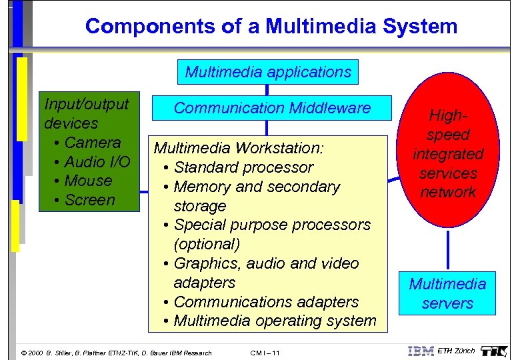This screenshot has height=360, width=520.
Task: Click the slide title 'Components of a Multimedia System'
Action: pyautogui.click(x=271, y=27)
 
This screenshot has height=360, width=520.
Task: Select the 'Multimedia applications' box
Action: pyautogui.click(x=268, y=71)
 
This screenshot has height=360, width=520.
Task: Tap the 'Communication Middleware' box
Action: pyautogui.click(x=271, y=108)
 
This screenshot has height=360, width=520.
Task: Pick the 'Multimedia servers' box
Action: pyautogui.click(x=447, y=293)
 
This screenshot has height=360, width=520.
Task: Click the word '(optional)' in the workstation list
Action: pyautogui.click(x=207, y=244)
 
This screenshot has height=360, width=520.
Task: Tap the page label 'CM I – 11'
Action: pyautogui.click(x=265, y=353)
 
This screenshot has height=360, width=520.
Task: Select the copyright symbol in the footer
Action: pyautogui.click(x=25, y=353)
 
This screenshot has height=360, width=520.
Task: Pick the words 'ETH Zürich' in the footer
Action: pyautogui.click(x=457, y=351)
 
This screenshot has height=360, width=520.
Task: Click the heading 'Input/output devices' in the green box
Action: pyautogui.click(x=86, y=113)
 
